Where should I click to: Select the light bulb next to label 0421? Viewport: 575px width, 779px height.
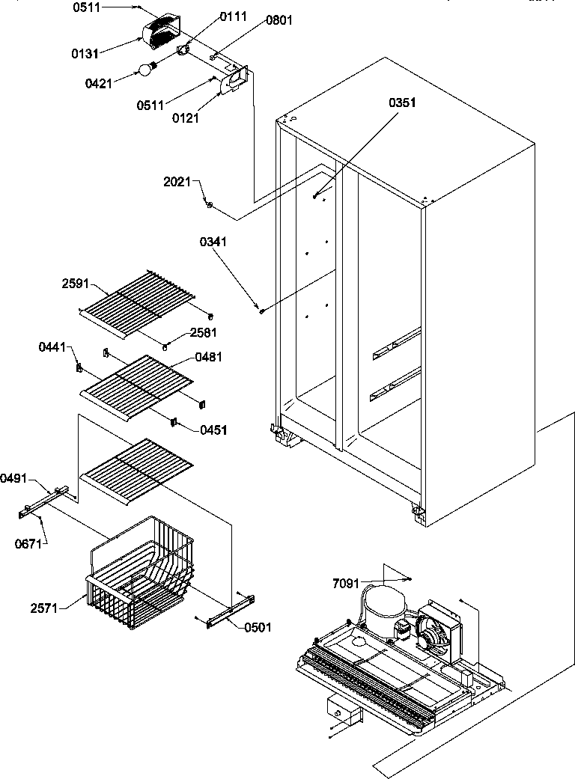(x=145, y=70)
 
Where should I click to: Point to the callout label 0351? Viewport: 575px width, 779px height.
(x=402, y=103)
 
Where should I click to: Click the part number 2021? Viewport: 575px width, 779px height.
(x=177, y=182)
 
